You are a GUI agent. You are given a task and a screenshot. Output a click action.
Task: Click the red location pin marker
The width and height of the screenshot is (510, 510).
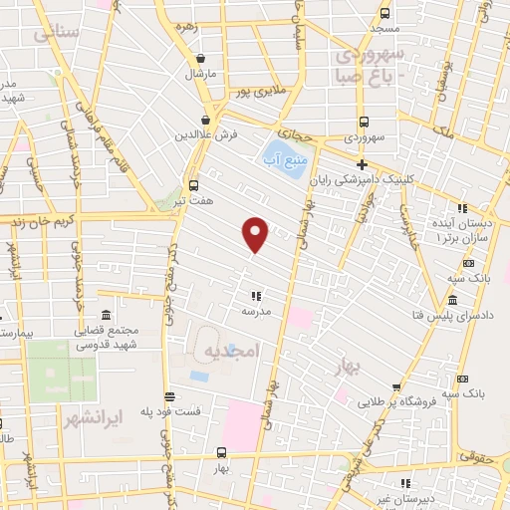[256, 234]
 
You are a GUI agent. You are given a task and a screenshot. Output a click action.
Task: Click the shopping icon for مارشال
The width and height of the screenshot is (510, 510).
[202, 59]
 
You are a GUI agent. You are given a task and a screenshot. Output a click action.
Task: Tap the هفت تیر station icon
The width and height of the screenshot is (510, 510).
[193, 184]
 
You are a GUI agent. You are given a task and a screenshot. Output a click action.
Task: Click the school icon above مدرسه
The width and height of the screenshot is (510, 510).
[256, 295]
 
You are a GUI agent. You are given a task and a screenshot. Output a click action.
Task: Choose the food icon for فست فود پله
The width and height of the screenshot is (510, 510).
[169, 396]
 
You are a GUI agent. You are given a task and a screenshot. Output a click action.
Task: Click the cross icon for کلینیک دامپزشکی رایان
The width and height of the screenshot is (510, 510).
[362, 164]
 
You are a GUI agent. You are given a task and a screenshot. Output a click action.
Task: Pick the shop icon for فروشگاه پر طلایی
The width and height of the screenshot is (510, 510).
[396, 387]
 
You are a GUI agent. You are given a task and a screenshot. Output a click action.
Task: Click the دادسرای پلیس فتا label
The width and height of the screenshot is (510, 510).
[460, 315]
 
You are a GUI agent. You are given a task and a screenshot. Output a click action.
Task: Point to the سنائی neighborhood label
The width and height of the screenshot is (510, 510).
[55, 32]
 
